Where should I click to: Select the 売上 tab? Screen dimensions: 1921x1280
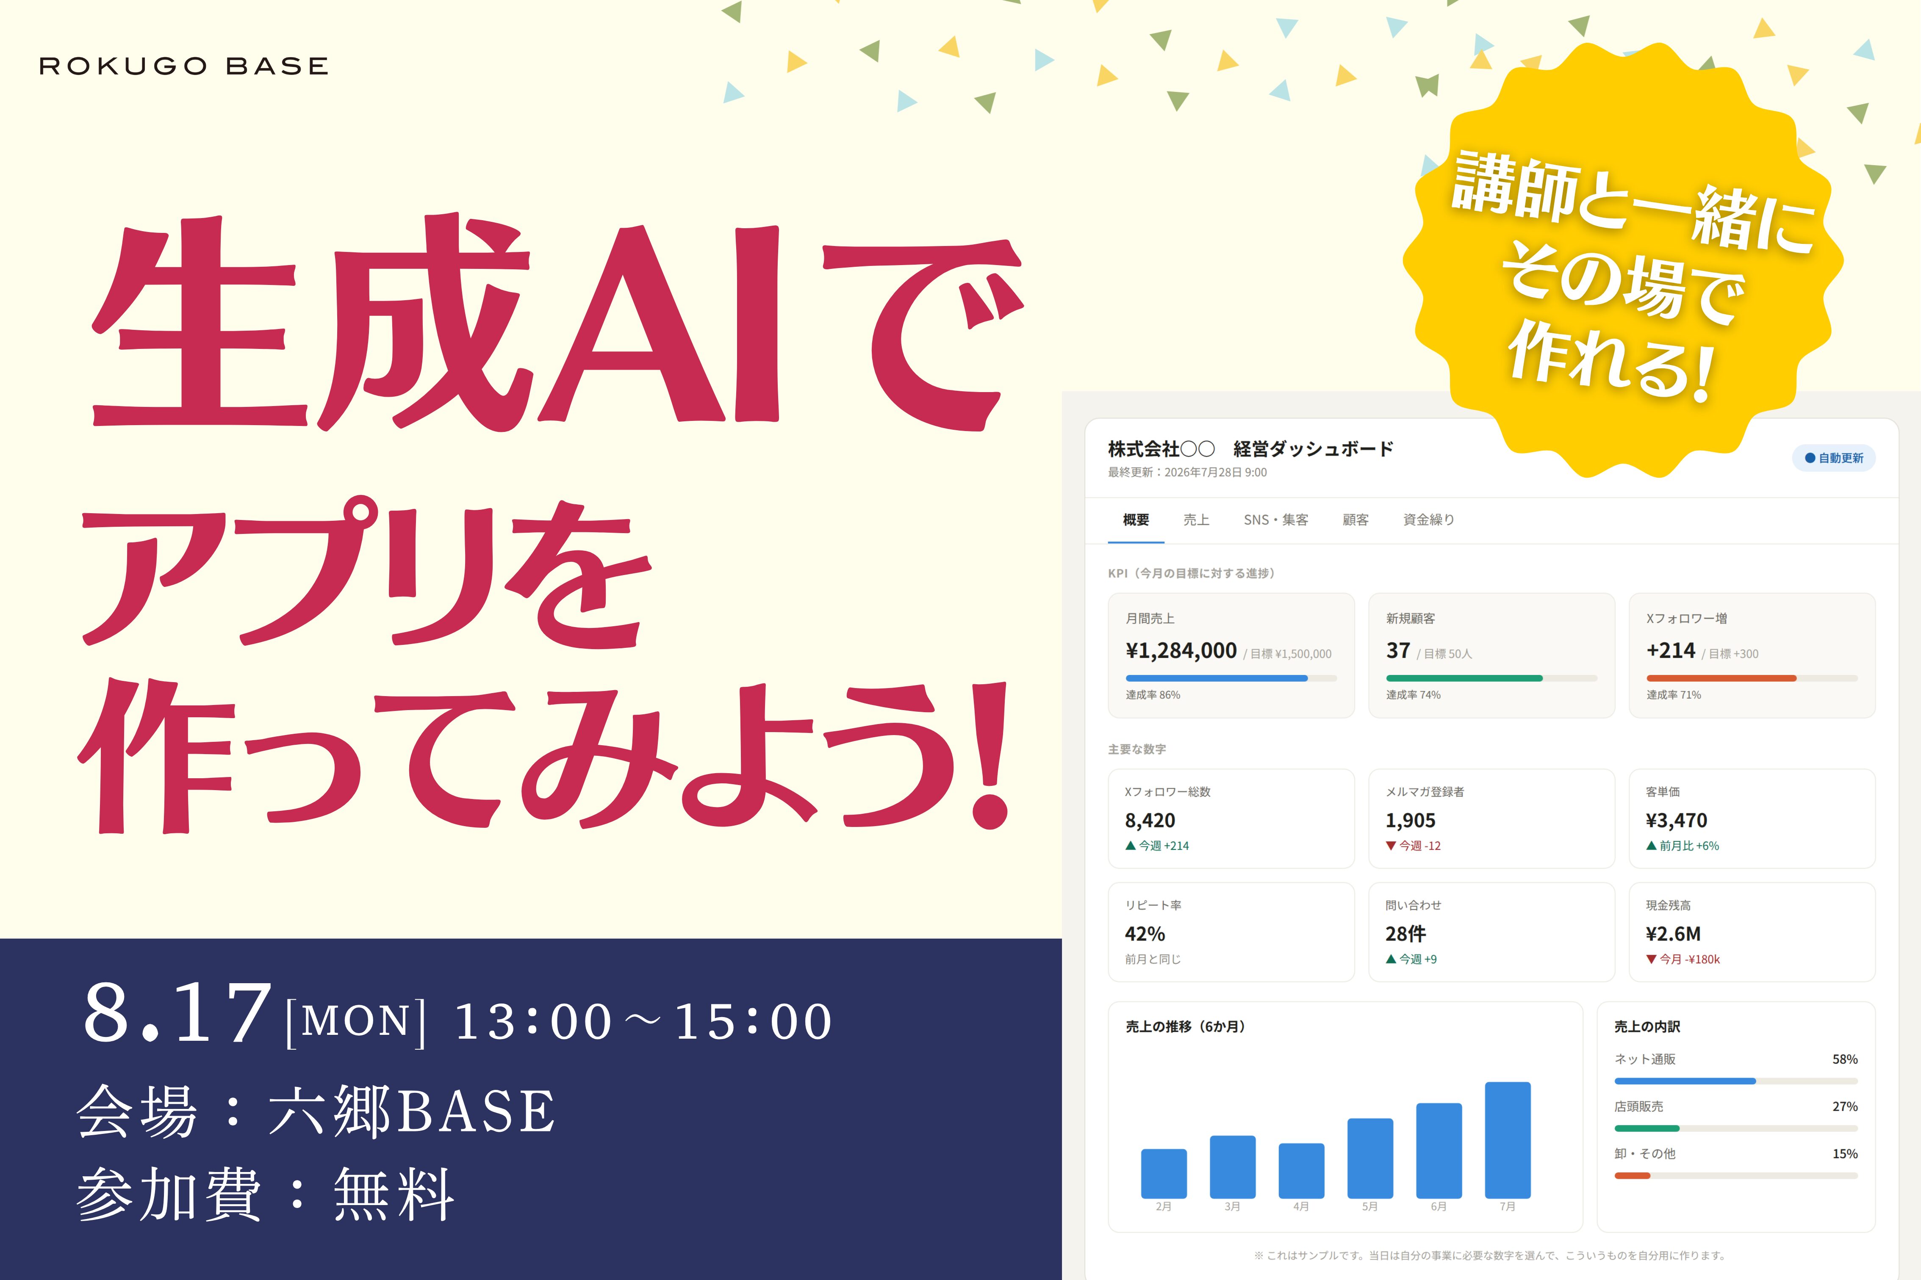click(1196, 520)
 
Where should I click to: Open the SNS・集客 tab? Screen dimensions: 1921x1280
click(1275, 520)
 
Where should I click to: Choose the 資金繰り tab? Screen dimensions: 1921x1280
click(1429, 520)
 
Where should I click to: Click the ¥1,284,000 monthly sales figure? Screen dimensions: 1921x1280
click(1181, 651)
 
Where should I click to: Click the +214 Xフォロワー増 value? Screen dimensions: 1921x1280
click(1670, 651)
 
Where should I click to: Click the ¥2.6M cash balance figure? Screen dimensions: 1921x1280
click(1673, 934)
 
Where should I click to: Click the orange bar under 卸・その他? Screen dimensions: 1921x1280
click(1632, 1175)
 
